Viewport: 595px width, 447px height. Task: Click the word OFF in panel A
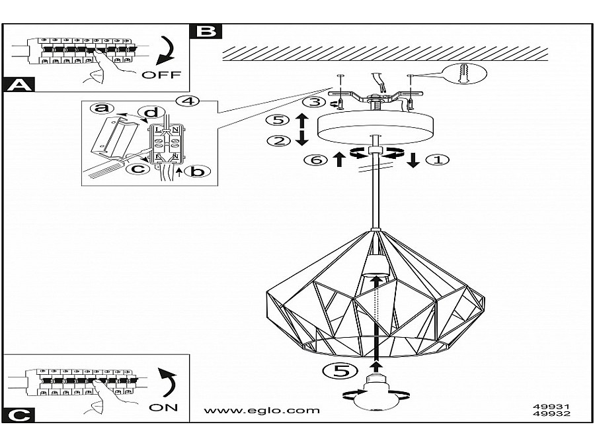(161, 75)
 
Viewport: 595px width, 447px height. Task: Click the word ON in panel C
(163, 407)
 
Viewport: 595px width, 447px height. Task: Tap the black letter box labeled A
(19, 84)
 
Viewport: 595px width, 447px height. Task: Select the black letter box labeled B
(206, 30)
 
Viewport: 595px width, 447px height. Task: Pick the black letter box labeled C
(19, 415)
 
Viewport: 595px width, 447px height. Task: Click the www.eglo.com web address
(262, 410)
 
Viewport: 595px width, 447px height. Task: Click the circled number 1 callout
(438, 160)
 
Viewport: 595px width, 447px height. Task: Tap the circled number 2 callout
(278, 140)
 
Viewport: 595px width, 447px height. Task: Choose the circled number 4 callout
(188, 101)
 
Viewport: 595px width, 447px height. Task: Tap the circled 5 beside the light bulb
(341, 371)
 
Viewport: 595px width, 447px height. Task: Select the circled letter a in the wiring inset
(100, 108)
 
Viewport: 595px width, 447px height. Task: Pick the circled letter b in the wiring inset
(195, 172)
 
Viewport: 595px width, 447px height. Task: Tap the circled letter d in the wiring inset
(151, 113)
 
